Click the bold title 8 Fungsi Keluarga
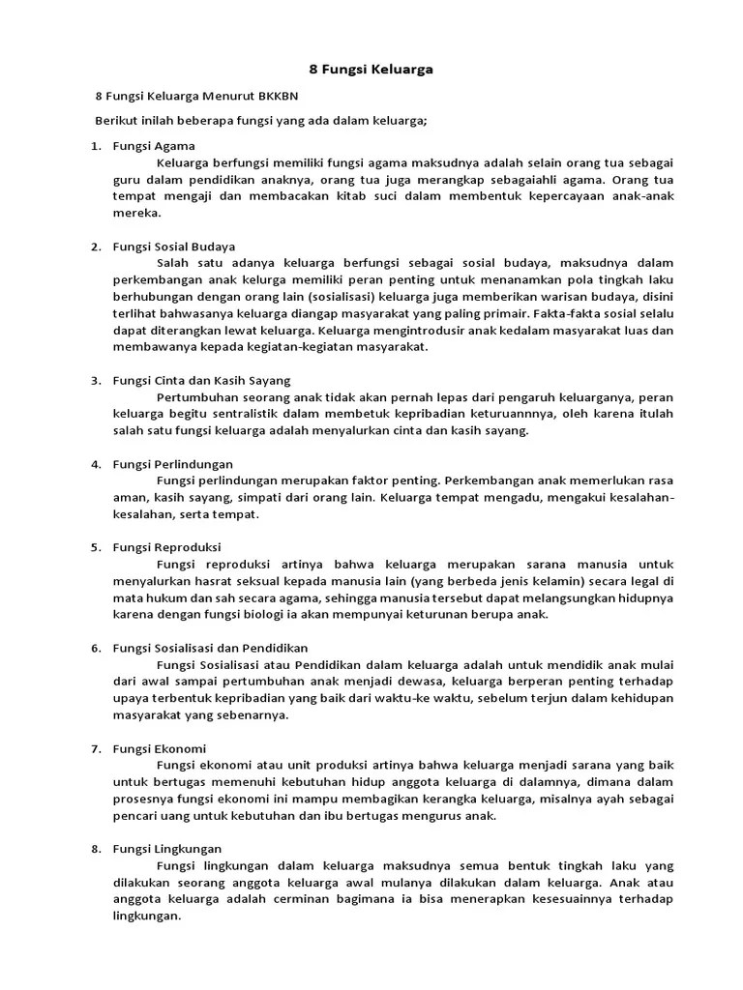click(x=371, y=70)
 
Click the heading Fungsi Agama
click(x=154, y=145)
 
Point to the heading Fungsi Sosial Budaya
click(x=174, y=247)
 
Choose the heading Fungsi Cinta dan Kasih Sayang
click(x=201, y=380)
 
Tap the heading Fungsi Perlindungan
click(x=173, y=464)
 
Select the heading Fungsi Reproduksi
click(x=167, y=547)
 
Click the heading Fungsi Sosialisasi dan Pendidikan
click(x=211, y=648)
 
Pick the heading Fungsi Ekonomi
click(x=160, y=749)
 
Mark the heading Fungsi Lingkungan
click(x=167, y=849)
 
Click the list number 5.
click(x=96, y=547)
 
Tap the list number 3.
click(x=96, y=380)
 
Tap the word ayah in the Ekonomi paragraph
click(x=602, y=799)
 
